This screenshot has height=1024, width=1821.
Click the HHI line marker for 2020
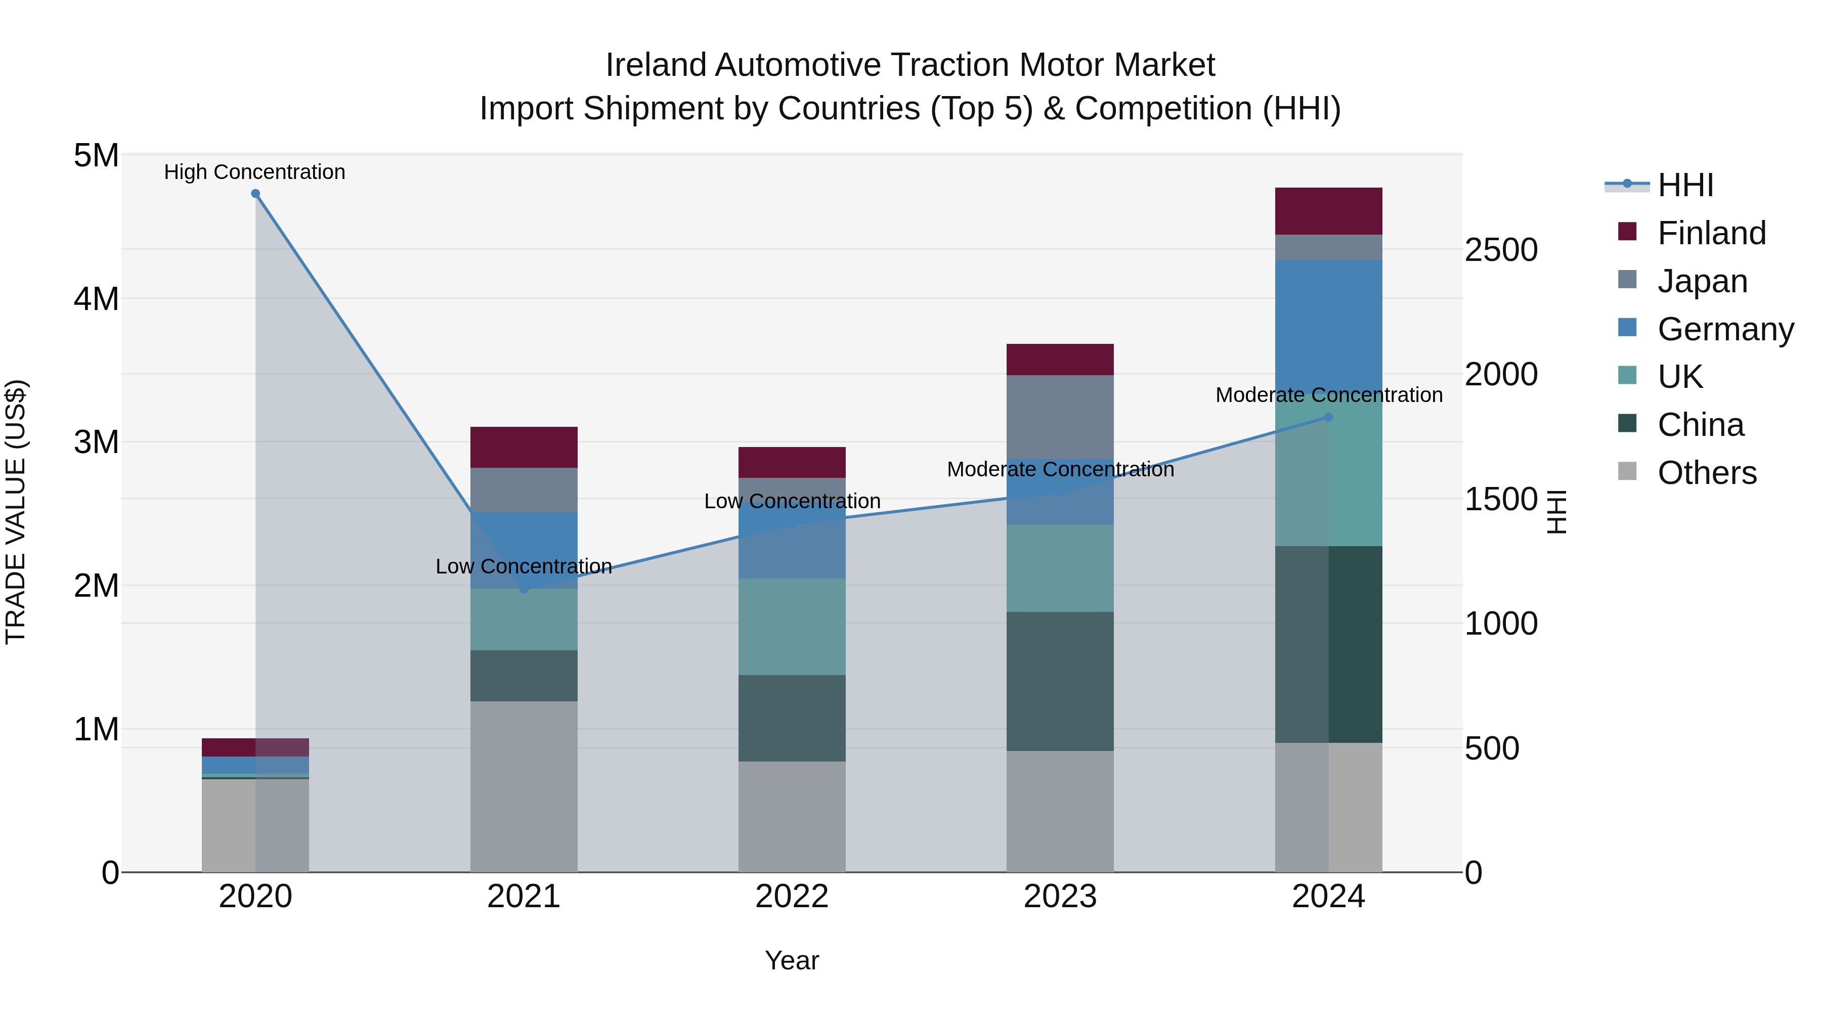click(x=255, y=194)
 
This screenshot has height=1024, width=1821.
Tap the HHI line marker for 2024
click(x=1328, y=418)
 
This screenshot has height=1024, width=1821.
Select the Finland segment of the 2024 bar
click(x=1328, y=211)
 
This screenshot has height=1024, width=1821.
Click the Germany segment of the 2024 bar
click(x=1328, y=318)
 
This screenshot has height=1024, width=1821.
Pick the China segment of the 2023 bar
click(x=1060, y=681)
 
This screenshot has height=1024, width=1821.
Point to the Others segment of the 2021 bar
click(x=524, y=786)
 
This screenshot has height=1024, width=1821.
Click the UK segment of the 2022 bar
click(x=792, y=627)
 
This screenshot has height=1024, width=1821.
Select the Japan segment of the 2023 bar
click(x=1060, y=417)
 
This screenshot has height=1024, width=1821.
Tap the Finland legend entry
click(x=1711, y=233)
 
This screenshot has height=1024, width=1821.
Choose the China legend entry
click(x=1700, y=425)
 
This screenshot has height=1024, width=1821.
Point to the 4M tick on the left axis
click(x=96, y=298)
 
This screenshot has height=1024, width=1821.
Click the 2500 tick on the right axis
click(x=1501, y=250)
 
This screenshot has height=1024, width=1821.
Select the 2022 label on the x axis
click(x=792, y=897)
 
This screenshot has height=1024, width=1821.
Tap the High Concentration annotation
click(x=254, y=172)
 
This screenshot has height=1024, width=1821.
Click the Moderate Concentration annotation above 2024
click(x=1328, y=395)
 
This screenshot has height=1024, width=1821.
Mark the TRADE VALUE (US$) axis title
click(x=16, y=512)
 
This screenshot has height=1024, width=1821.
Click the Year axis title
click(x=792, y=960)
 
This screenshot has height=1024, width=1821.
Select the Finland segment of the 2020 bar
click(x=255, y=747)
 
